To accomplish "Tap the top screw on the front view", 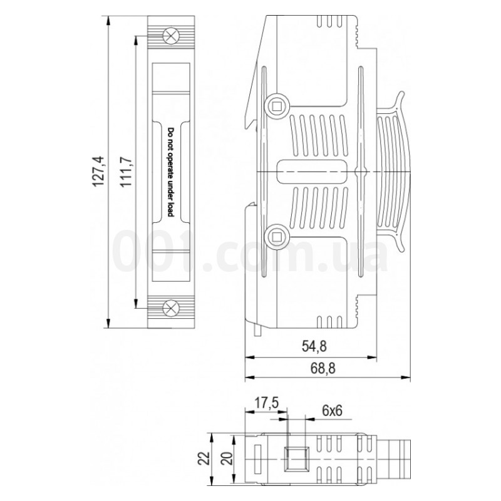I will pos(169,36).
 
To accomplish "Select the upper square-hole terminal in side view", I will pos(276,104).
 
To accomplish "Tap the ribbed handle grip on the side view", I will pos(393,169).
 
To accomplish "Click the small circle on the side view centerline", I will pos(359,170).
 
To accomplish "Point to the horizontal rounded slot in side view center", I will pos(311,170).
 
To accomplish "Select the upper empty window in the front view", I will pos(169,77).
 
